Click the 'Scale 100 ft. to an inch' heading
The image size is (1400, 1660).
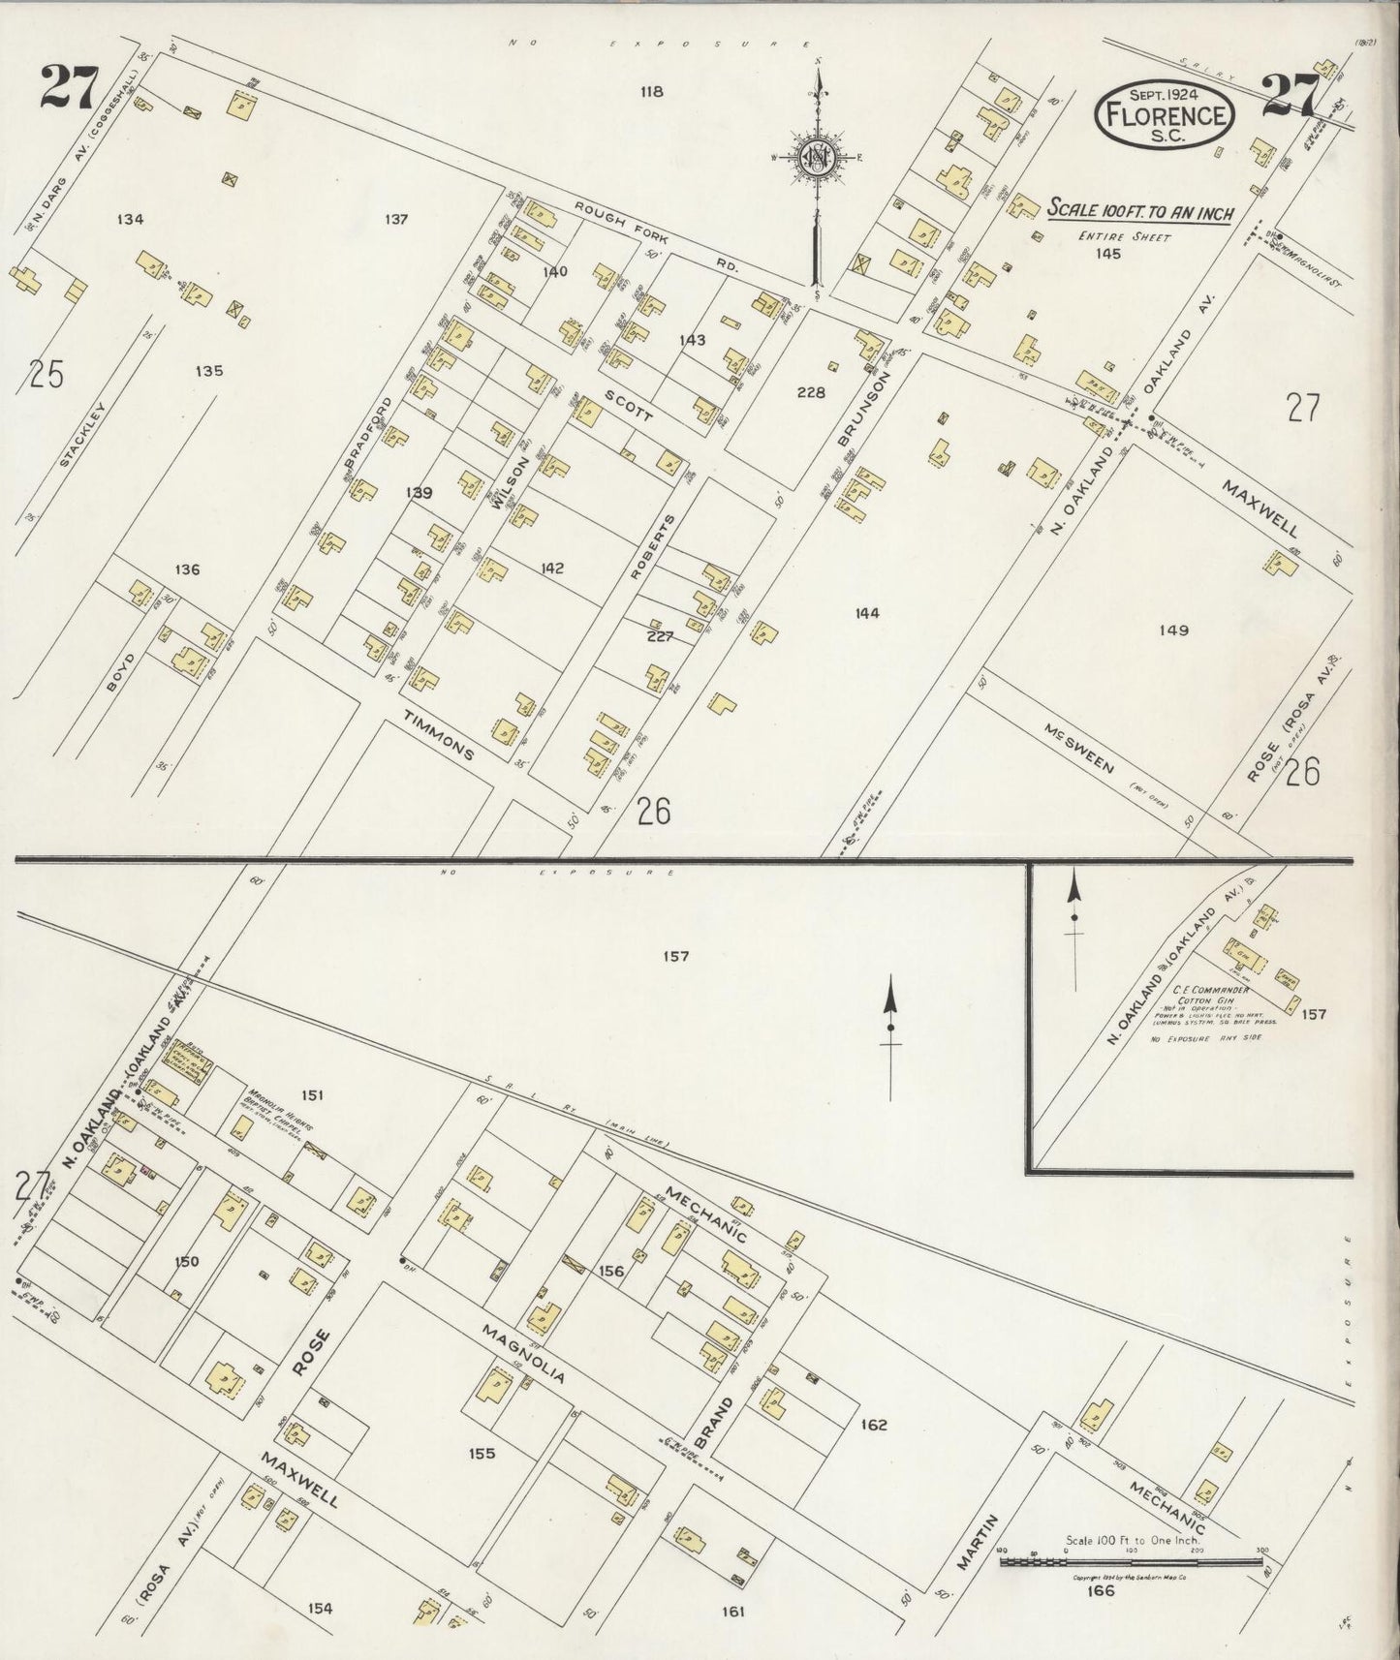tap(1138, 210)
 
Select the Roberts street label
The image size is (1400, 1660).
tap(651, 548)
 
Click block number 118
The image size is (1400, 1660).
tap(650, 93)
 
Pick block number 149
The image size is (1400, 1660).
tap(1172, 630)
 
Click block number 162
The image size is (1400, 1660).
tap(874, 1425)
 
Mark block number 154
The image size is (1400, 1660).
tap(320, 1609)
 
